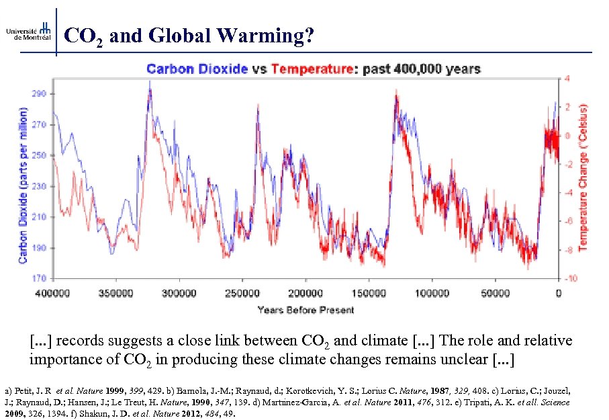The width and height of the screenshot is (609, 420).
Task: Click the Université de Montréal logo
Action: pyautogui.click(x=28, y=32)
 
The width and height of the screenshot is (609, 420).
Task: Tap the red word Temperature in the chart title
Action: pyautogui.click(x=312, y=69)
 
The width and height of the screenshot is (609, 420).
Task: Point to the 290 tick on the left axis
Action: pyautogui.click(x=39, y=94)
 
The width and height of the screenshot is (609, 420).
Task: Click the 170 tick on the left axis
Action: pyautogui.click(x=39, y=278)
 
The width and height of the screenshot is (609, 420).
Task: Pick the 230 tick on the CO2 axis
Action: pyautogui.click(x=39, y=186)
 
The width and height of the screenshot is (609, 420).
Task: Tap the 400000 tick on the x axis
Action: pyautogui.click(x=52, y=293)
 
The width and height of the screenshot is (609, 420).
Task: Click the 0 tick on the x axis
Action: pyautogui.click(x=558, y=293)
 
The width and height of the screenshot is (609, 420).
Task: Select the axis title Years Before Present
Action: pyautogui.click(x=306, y=310)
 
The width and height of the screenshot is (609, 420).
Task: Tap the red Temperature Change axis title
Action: pyautogui.click(x=584, y=178)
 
